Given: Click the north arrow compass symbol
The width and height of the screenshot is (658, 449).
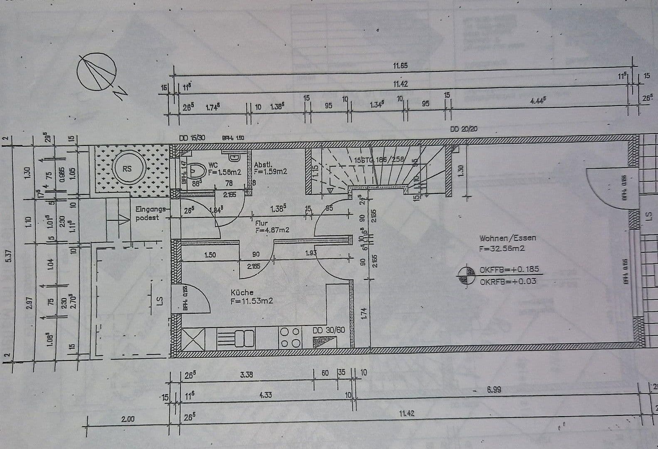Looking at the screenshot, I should (96, 71).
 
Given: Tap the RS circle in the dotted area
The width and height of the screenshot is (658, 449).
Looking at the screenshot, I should (127, 168).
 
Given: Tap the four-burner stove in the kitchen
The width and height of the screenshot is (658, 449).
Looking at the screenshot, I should (290, 337).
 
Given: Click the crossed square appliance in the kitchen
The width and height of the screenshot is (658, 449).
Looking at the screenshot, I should (193, 338).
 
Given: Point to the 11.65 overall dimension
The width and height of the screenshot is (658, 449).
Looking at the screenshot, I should (400, 66).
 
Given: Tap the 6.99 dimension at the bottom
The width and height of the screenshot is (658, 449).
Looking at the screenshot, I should (493, 390).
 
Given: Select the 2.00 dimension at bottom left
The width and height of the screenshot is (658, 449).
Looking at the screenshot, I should (128, 419).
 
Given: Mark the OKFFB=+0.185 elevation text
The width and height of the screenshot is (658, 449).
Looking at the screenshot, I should (509, 269).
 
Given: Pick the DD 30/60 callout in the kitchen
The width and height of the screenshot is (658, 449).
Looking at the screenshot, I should (328, 330).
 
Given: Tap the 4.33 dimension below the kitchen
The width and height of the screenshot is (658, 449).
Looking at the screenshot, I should (265, 395).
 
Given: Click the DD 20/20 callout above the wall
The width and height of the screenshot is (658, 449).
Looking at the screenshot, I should (463, 129).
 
